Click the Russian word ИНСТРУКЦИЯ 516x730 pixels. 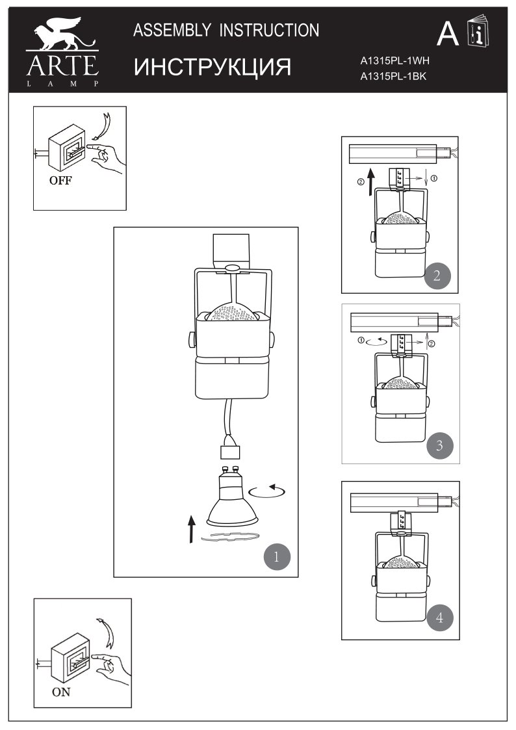[x=213, y=67]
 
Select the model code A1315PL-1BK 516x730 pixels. [x=394, y=77]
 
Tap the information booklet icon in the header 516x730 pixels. [x=479, y=33]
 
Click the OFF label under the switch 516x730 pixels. [x=60, y=181]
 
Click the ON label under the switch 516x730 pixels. [x=62, y=692]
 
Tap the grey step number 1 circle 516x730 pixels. [x=276, y=556]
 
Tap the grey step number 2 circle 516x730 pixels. [x=436, y=275]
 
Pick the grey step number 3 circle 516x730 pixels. [x=440, y=445]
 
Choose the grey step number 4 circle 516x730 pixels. [x=440, y=618]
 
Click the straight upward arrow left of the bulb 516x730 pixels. [x=191, y=528]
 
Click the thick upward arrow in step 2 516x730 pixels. [x=370, y=182]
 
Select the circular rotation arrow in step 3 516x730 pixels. [x=377, y=339]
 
